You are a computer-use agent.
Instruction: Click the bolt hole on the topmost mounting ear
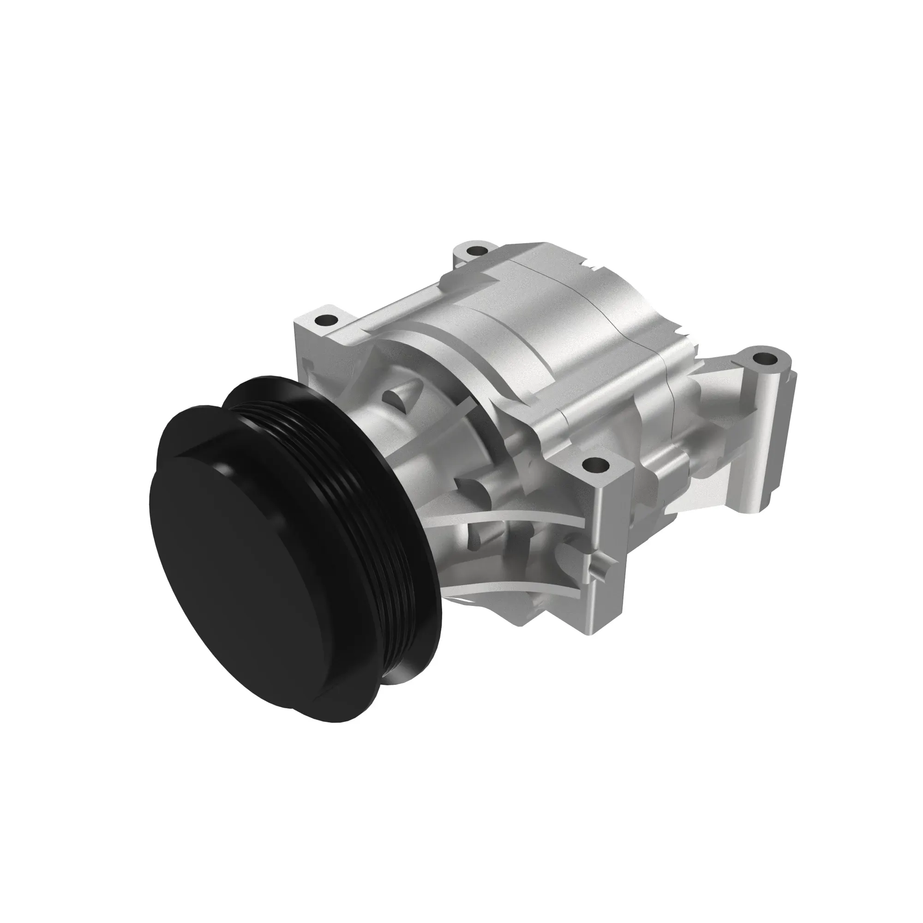[x=476, y=249]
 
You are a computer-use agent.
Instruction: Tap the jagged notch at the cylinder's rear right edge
[x=683, y=330]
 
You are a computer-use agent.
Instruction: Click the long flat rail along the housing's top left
[x=402, y=306]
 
